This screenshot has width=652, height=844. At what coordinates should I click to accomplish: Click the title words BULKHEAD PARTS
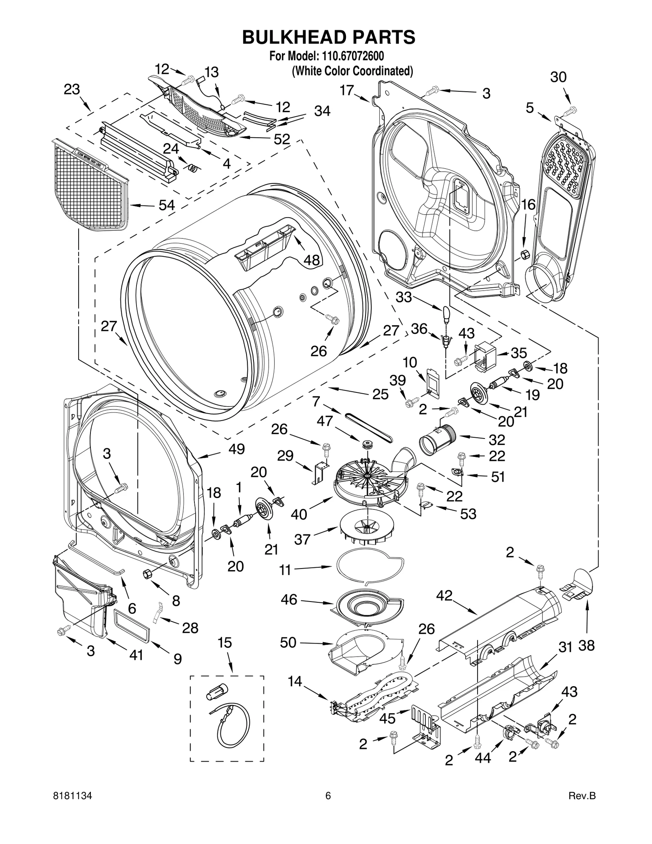[x=328, y=37]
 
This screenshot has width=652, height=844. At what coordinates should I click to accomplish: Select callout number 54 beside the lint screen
[x=166, y=205]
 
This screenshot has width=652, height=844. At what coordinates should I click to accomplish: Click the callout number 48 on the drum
[x=312, y=260]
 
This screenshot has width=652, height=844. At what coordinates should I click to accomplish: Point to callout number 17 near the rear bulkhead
[x=347, y=90]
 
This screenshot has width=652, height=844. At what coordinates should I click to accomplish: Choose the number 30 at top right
[x=558, y=77]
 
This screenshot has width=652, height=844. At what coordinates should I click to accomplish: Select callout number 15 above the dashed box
[x=225, y=643]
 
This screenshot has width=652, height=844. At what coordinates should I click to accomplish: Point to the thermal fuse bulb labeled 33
[x=446, y=313]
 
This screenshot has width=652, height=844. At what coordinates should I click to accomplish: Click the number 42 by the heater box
[x=444, y=596]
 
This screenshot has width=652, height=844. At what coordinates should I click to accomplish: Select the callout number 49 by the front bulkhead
[x=236, y=449]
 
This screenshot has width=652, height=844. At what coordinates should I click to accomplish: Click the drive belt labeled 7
[x=369, y=428]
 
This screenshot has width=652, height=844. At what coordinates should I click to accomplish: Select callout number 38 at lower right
[x=586, y=645]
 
